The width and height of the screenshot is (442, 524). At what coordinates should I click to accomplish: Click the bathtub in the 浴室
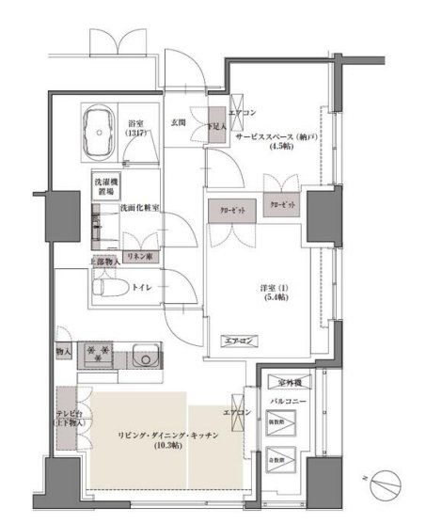click(103, 133)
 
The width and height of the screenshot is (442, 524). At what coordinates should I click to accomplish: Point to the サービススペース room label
click(279, 136)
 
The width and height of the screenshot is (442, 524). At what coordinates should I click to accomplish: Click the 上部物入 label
click(104, 262)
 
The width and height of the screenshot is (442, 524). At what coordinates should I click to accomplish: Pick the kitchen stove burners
click(100, 355)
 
